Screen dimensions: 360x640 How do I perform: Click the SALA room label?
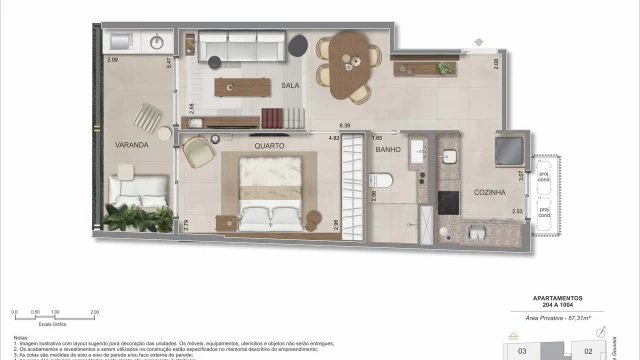(291, 85)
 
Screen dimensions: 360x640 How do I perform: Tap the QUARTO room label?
(269, 145)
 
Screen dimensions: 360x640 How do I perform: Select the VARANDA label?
(131, 144)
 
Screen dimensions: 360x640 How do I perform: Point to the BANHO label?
(388, 150)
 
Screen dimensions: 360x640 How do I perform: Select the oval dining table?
(347, 61)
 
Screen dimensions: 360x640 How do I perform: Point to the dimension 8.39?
(345, 125)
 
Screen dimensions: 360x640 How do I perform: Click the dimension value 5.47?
(171, 62)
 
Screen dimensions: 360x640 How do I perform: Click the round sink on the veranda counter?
(157, 43)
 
